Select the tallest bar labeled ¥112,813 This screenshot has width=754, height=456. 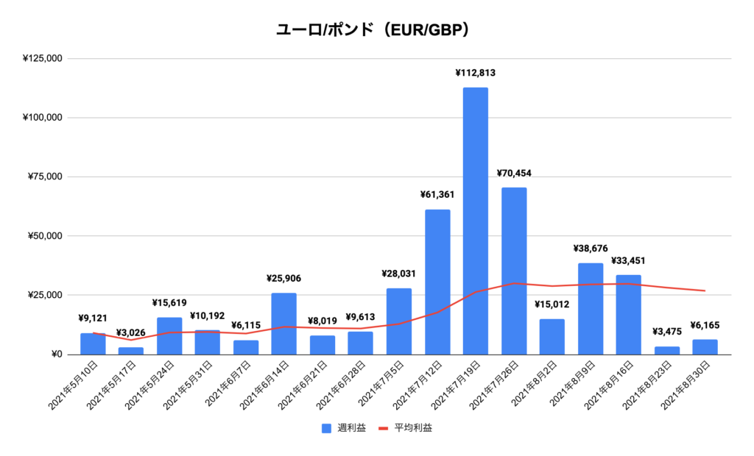pos(475,221)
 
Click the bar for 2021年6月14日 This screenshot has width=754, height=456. pos(283,324)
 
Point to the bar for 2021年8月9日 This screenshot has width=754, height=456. pos(590,309)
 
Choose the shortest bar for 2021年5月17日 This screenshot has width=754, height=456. pos(130,351)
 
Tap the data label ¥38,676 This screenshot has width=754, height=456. pos(590,249)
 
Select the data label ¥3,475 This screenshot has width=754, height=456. pos(666,332)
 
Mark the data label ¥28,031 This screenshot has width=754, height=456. pos(398,274)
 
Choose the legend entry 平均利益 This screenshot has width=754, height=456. pos(405,428)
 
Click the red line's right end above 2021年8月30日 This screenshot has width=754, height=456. pos(705,291)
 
